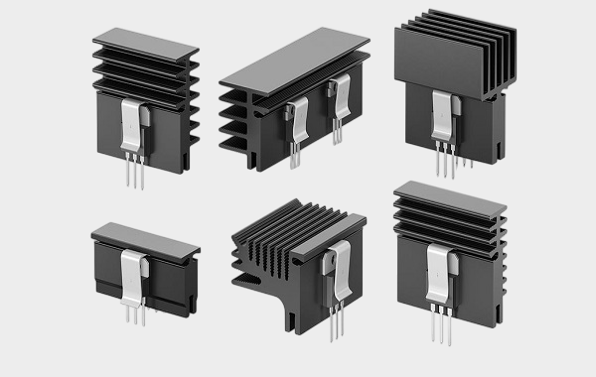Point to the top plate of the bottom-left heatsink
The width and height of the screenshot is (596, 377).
(145, 238)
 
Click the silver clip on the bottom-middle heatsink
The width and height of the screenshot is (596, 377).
(337, 273)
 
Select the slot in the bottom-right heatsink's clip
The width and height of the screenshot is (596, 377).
(438, 266)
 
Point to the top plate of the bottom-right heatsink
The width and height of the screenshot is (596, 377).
(449, 195)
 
